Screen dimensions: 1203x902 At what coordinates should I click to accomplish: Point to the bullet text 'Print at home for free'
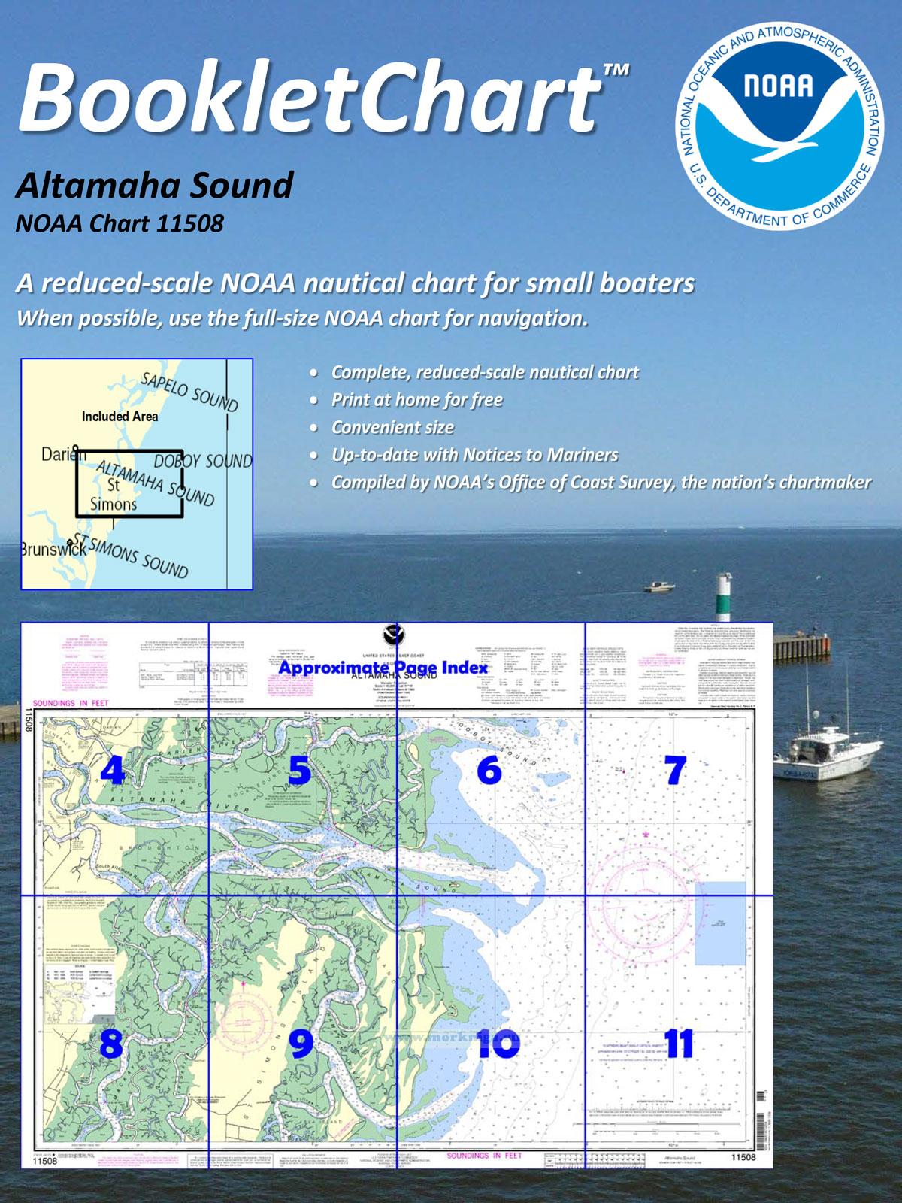(416, 400)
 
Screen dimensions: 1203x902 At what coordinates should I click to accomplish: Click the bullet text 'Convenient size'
(392, 428)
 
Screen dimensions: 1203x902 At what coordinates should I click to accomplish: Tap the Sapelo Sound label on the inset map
(189, 392)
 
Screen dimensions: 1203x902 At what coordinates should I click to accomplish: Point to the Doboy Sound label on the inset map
(203, 461)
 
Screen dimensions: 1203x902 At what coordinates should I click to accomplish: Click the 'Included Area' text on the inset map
(120, 416)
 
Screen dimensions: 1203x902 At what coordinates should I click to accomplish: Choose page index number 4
(113, 770)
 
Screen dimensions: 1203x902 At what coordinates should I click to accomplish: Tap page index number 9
(301, 1044)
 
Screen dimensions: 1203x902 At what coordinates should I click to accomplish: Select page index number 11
(678, 1044)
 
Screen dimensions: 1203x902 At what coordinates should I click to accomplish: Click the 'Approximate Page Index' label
(383, 668)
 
